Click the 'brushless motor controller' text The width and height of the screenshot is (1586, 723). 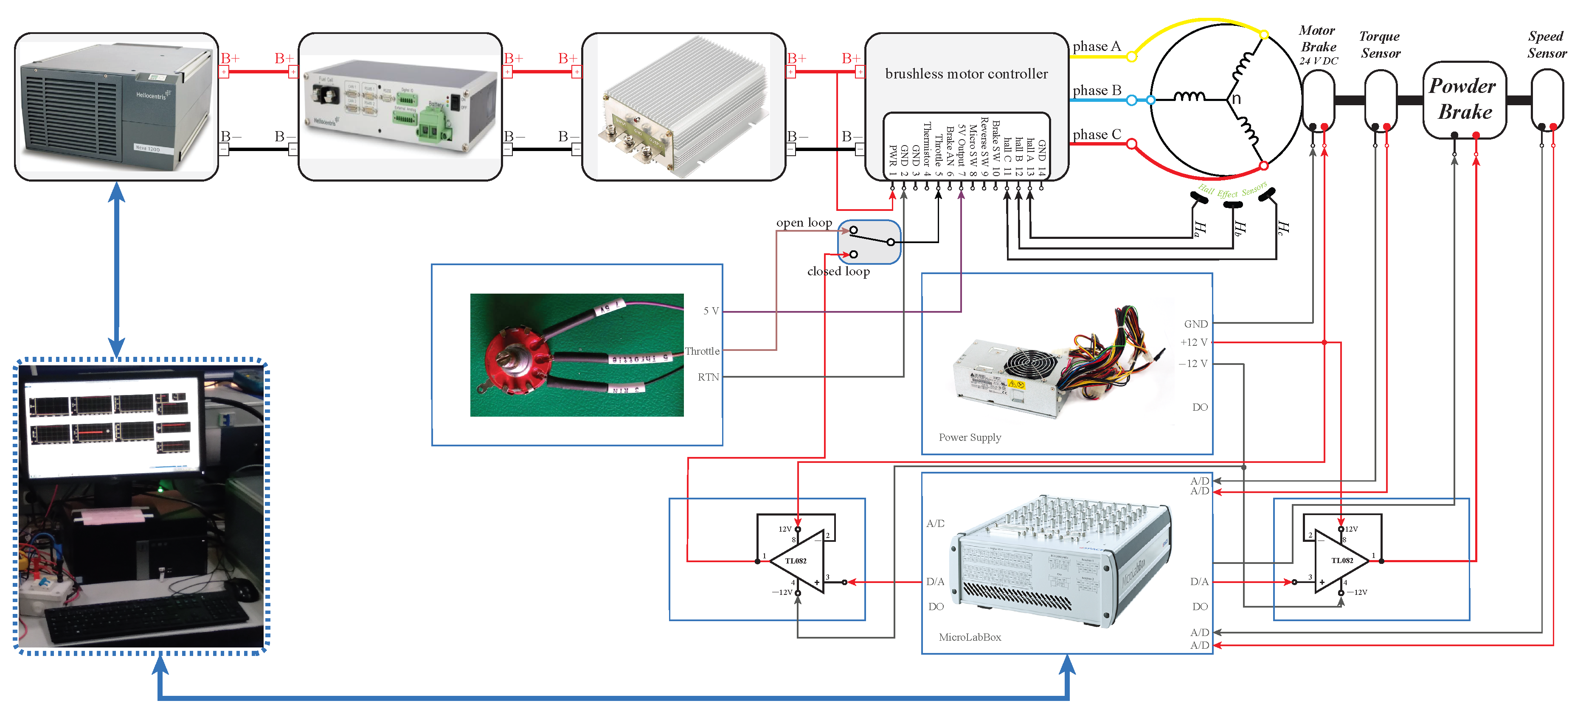point(966,74)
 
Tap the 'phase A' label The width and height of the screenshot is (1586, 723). point(1096,46)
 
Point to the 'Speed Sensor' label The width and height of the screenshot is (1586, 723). point(1546,44)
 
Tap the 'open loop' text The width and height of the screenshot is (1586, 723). point(804,222)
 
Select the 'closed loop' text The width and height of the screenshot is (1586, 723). point(838,272)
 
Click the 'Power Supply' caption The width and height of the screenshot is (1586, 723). point(969,437)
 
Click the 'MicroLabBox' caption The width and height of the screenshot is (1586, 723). point(969,637)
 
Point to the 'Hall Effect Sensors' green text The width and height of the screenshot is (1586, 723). point(1232,191)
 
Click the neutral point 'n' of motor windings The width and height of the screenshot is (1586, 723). point(1235,99)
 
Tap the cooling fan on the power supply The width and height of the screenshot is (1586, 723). point(1029,369)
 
